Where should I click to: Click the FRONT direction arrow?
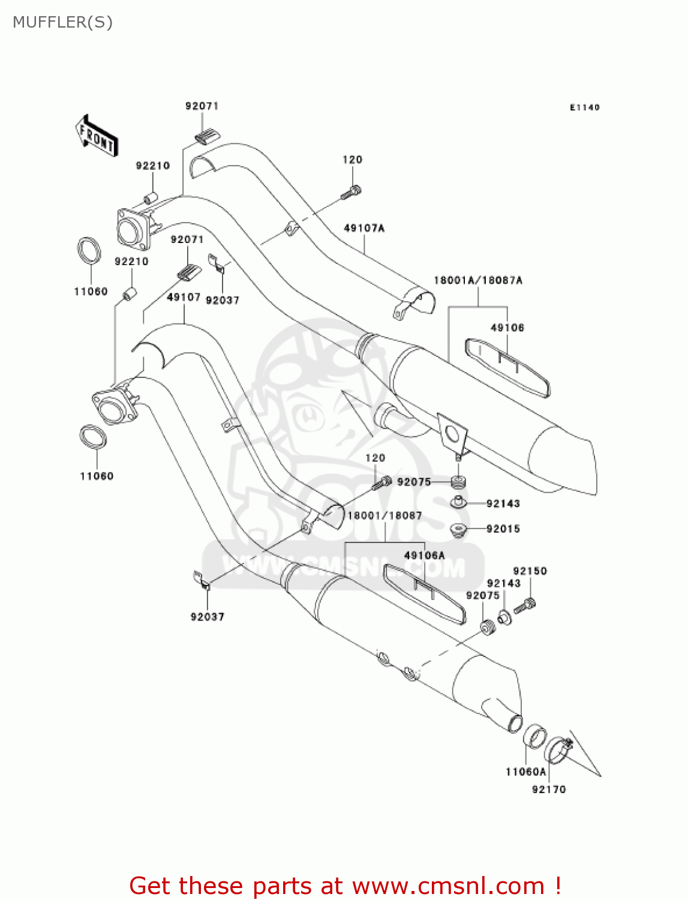(x=96, y=136)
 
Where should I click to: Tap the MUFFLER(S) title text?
(x=62, y=22)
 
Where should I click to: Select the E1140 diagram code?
(x=584, y=107)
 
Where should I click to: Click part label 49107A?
(x=364, y=228)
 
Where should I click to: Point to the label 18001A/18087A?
(x=478, y=280)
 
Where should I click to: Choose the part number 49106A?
(x=425, y=556)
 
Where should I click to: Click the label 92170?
(x=549, y=790)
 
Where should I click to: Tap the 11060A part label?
(x=526, y=772)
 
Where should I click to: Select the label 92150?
(x=530, y=571)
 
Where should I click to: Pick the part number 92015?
(x=503, y=529)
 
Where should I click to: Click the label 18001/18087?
(x=384, y=515)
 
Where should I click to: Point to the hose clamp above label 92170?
(x=558, y=749)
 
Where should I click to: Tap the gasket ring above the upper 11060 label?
(x=89, y=250)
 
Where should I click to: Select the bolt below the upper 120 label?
(x=351, y=192)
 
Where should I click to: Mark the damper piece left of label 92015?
(x=458, y=530)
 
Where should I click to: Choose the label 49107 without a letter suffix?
(x=184, y=297)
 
